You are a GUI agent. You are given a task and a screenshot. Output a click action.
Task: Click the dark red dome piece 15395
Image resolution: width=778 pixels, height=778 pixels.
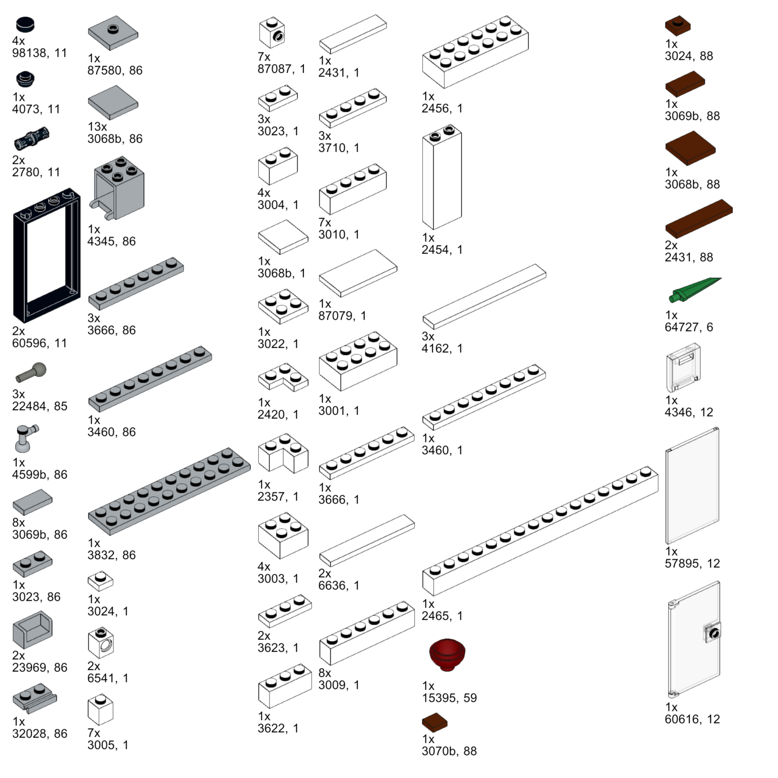(447, 654)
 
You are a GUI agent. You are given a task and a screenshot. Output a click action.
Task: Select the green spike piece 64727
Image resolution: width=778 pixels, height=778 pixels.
(695, 290)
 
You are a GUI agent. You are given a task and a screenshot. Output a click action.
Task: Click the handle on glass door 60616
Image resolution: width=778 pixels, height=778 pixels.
(713, 633)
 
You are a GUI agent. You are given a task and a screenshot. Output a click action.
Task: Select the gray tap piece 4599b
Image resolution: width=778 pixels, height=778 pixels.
(25, 438)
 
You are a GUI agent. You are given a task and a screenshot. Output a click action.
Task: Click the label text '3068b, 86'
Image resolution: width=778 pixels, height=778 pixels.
(115, 139)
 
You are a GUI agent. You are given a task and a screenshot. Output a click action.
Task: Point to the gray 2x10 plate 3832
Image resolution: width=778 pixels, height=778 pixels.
(169, 491)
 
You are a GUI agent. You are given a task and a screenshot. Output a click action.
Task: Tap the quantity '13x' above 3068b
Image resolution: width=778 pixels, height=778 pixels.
(97, 127)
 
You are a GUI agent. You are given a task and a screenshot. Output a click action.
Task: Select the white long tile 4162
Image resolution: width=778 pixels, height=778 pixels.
(484, 296)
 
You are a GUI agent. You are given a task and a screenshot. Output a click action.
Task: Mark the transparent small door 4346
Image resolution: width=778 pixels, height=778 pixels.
(683, 367)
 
